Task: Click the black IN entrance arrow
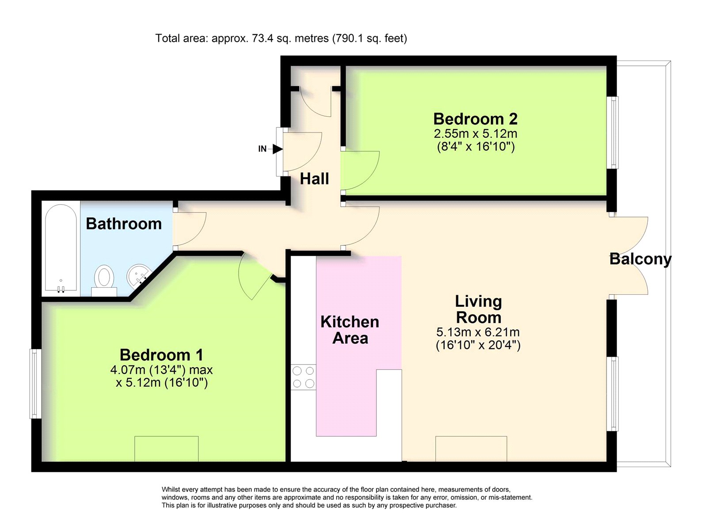point(277,149)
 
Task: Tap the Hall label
point(314,179)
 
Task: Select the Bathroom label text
point(124,224)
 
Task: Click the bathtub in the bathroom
point(61,247)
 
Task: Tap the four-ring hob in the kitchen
point(303,377)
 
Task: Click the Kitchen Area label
point(350,330)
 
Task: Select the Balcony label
point(640,259)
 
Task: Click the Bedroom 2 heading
point(475,119)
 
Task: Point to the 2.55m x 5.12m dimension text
point(475,134)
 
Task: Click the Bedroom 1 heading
point(161,355)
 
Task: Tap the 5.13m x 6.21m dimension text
point(478,332)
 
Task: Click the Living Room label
point(479,309)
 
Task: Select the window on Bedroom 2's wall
point(612,133)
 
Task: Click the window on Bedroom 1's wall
point(36,384)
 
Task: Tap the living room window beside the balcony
point(612,394)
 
